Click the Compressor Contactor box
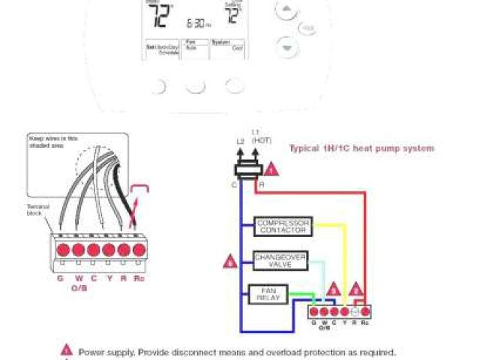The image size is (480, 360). click(283, 226)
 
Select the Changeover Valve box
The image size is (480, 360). click(280, 259)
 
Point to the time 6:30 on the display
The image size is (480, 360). click(196, 22)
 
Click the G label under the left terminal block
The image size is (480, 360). click(60, 277)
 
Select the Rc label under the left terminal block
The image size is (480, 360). click(139, 277)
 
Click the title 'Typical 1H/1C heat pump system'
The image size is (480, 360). click(361, 148)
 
